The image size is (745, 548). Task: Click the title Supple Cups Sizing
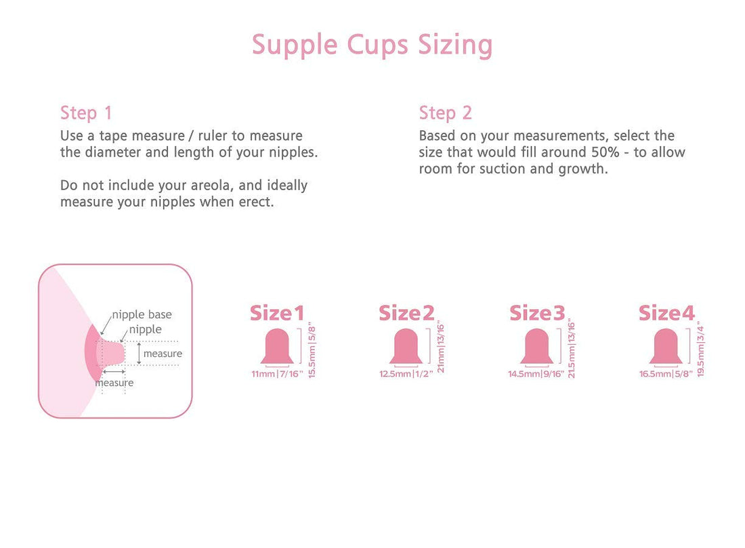pos(372,45)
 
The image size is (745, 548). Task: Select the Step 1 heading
pos(86,112)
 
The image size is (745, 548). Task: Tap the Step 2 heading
pos(445,112)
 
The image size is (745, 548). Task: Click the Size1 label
pos(276,313)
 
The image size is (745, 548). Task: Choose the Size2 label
pos(406,313)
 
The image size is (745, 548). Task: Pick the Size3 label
pos(536,313)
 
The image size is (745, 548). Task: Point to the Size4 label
pos(666,313)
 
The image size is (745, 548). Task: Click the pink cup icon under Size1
pos(277,346)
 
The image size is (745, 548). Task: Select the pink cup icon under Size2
pos(406,346)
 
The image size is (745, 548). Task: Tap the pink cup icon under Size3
pos(536,346)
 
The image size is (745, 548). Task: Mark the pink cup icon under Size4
pos(666,346)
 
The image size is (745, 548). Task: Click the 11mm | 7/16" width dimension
pos(276,374)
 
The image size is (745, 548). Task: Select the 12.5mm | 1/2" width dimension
pos(406,374)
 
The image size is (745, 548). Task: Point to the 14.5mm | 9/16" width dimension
pos(536,374)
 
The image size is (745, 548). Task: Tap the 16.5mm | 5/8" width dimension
pos(666,374)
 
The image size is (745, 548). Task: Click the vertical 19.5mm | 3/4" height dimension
pos(701,351)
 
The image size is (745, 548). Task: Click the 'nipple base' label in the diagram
pos(142,314)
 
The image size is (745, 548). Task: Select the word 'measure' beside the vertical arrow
pos(163,354)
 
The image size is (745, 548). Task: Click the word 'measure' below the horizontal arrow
pos(114,383)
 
